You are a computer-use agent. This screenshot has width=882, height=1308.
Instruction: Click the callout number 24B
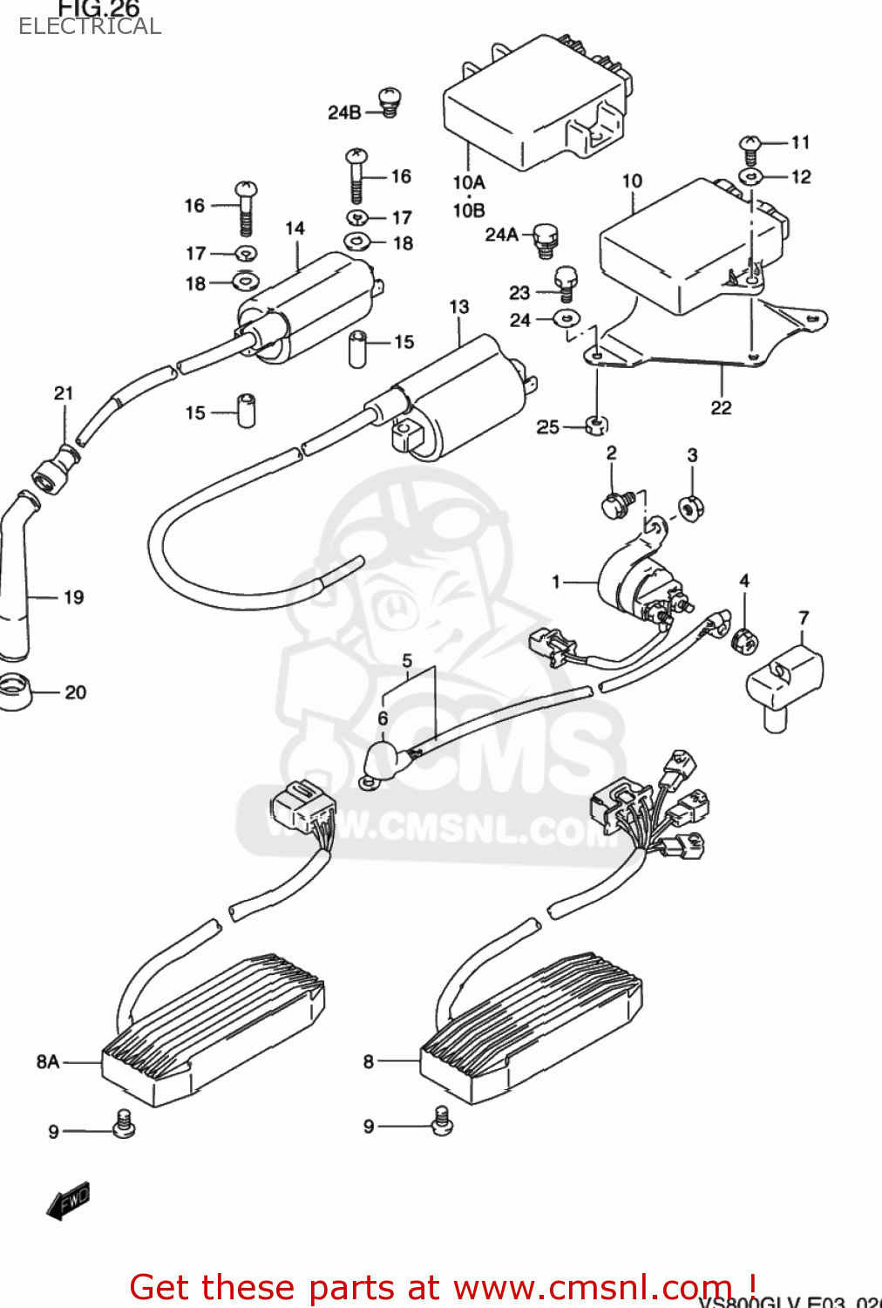[344, 112]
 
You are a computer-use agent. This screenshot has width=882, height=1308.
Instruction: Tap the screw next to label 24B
[389, 102]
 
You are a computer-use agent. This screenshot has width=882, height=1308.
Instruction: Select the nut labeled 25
[596, 426]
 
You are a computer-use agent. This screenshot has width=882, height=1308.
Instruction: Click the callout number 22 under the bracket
[721, 408]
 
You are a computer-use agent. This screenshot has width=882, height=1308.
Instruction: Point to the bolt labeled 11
[750, 145]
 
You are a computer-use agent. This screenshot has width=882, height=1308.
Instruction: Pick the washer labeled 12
[750, 177]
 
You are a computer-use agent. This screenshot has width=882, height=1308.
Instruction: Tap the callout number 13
[458, 307]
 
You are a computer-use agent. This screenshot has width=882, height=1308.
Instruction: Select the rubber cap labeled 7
[784, 682]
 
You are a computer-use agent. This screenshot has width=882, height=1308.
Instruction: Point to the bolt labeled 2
[616, 504]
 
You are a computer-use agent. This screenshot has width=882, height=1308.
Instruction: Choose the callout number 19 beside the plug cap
[74, 597]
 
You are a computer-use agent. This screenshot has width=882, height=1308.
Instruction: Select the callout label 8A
[48, 1061]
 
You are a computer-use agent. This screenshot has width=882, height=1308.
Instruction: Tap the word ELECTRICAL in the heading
[90, 26]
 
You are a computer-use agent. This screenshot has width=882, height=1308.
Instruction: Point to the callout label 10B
[468, 210]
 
